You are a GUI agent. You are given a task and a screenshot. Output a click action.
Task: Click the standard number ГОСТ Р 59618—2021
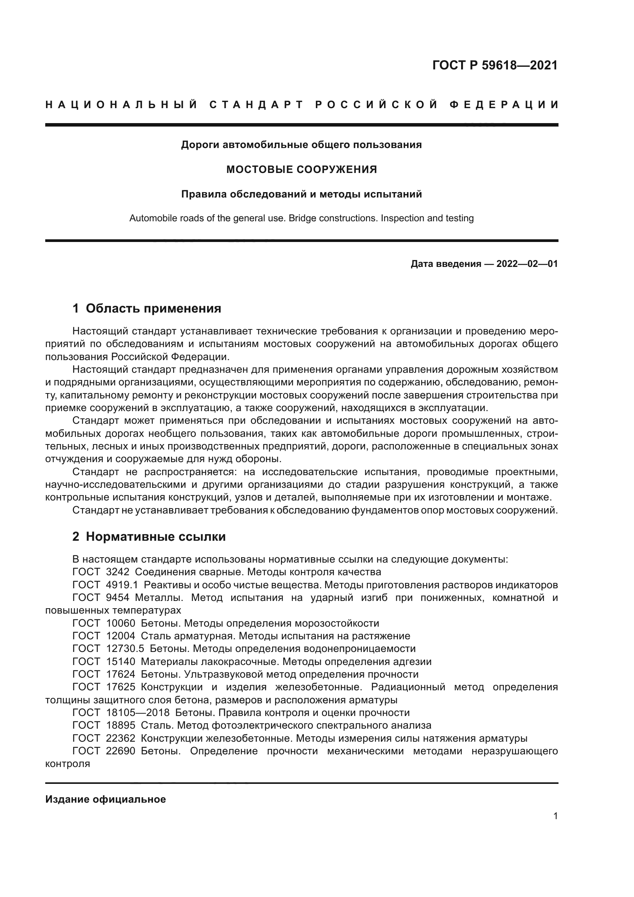494,65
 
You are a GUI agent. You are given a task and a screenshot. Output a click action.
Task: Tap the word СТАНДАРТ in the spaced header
256,105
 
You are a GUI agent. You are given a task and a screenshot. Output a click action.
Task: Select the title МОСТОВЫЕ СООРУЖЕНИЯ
301,170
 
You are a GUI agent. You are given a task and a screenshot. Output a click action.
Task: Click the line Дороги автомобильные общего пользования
301,145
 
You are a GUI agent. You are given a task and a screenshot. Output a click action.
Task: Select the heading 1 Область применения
147,309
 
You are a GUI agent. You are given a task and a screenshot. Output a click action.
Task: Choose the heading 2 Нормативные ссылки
149,537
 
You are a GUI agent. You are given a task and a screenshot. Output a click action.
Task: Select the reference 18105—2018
138,713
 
